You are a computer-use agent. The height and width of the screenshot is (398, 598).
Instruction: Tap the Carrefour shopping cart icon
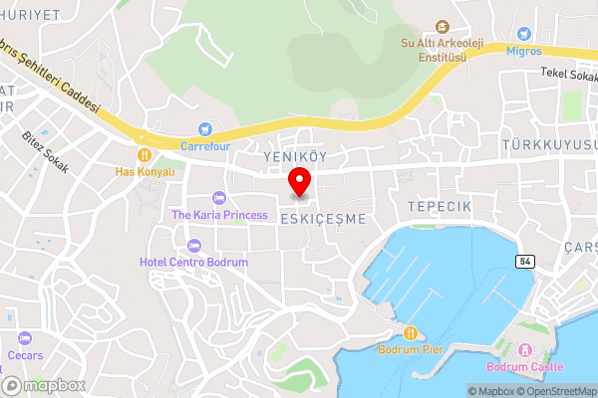[205, 128]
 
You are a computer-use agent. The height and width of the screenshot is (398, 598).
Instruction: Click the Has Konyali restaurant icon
[145, 154]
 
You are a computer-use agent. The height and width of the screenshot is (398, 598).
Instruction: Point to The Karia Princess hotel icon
[219, 198]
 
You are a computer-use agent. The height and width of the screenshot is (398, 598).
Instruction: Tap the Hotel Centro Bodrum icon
[193, 245]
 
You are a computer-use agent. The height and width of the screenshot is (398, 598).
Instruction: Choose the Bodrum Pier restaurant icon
[409, 332]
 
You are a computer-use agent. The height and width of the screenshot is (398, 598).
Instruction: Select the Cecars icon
[27, 338]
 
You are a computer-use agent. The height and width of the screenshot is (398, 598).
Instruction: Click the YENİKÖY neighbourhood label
[296, 157]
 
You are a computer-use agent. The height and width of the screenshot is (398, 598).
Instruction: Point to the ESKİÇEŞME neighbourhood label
[324, 218]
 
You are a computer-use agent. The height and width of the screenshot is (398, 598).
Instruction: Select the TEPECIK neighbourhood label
[438, 204]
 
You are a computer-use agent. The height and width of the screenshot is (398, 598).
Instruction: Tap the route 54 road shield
[525, 261]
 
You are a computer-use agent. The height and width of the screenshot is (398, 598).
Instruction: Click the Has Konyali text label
[145, 171]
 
